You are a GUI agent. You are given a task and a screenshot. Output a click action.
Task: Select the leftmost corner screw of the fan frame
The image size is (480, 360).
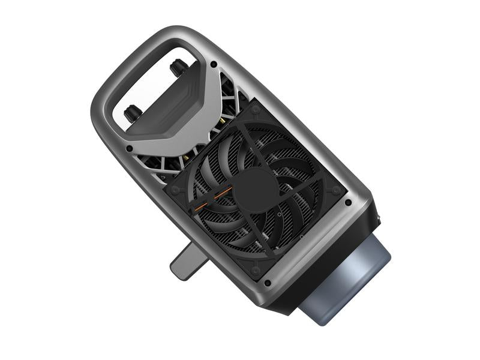[x=175, y=190]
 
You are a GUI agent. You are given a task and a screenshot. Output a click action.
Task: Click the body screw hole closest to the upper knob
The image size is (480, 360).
[x=214, y=64]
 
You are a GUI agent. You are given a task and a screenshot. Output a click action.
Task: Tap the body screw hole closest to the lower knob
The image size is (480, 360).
[x=129, y=148]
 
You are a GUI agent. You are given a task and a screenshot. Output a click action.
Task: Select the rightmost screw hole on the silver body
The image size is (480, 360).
[x=348, y=202]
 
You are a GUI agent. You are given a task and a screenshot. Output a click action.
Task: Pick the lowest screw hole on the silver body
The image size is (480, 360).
[x=267, y=283]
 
